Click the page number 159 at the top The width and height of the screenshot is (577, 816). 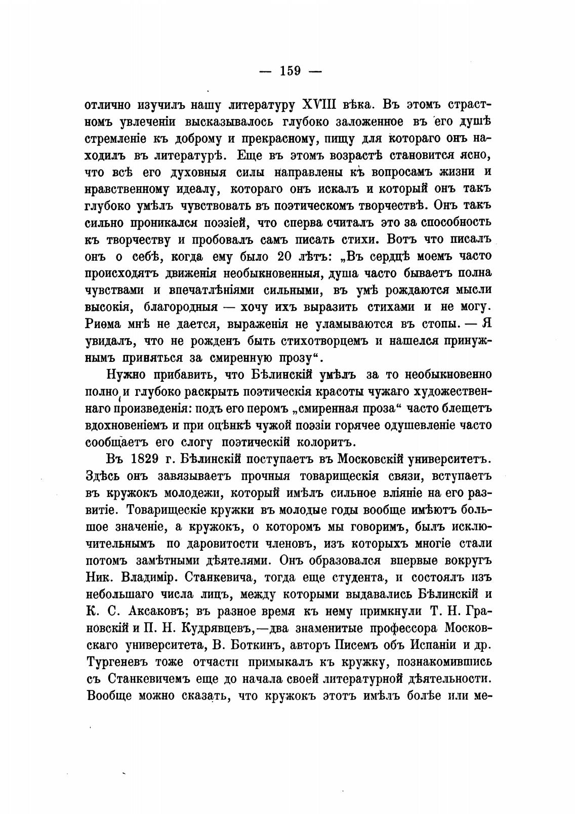(x=290, y=71)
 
